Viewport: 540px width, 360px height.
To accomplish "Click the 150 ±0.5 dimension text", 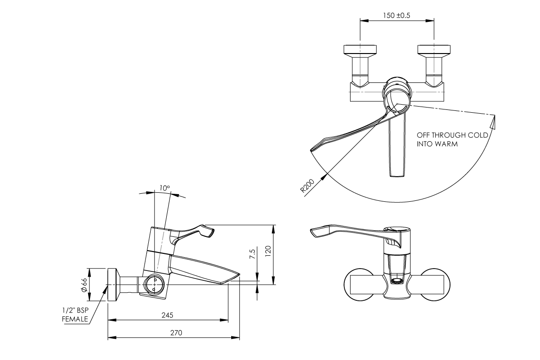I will [x=396, y=15].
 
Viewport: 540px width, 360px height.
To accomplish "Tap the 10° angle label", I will [x=164, y=188].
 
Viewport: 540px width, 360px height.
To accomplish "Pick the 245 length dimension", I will [x=167, y=315].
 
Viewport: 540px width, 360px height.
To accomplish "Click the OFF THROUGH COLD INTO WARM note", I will [x=452, y=139].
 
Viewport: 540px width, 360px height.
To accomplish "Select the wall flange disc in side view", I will [x=113, y=285].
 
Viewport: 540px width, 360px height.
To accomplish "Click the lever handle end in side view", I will [x=209, y=232].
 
